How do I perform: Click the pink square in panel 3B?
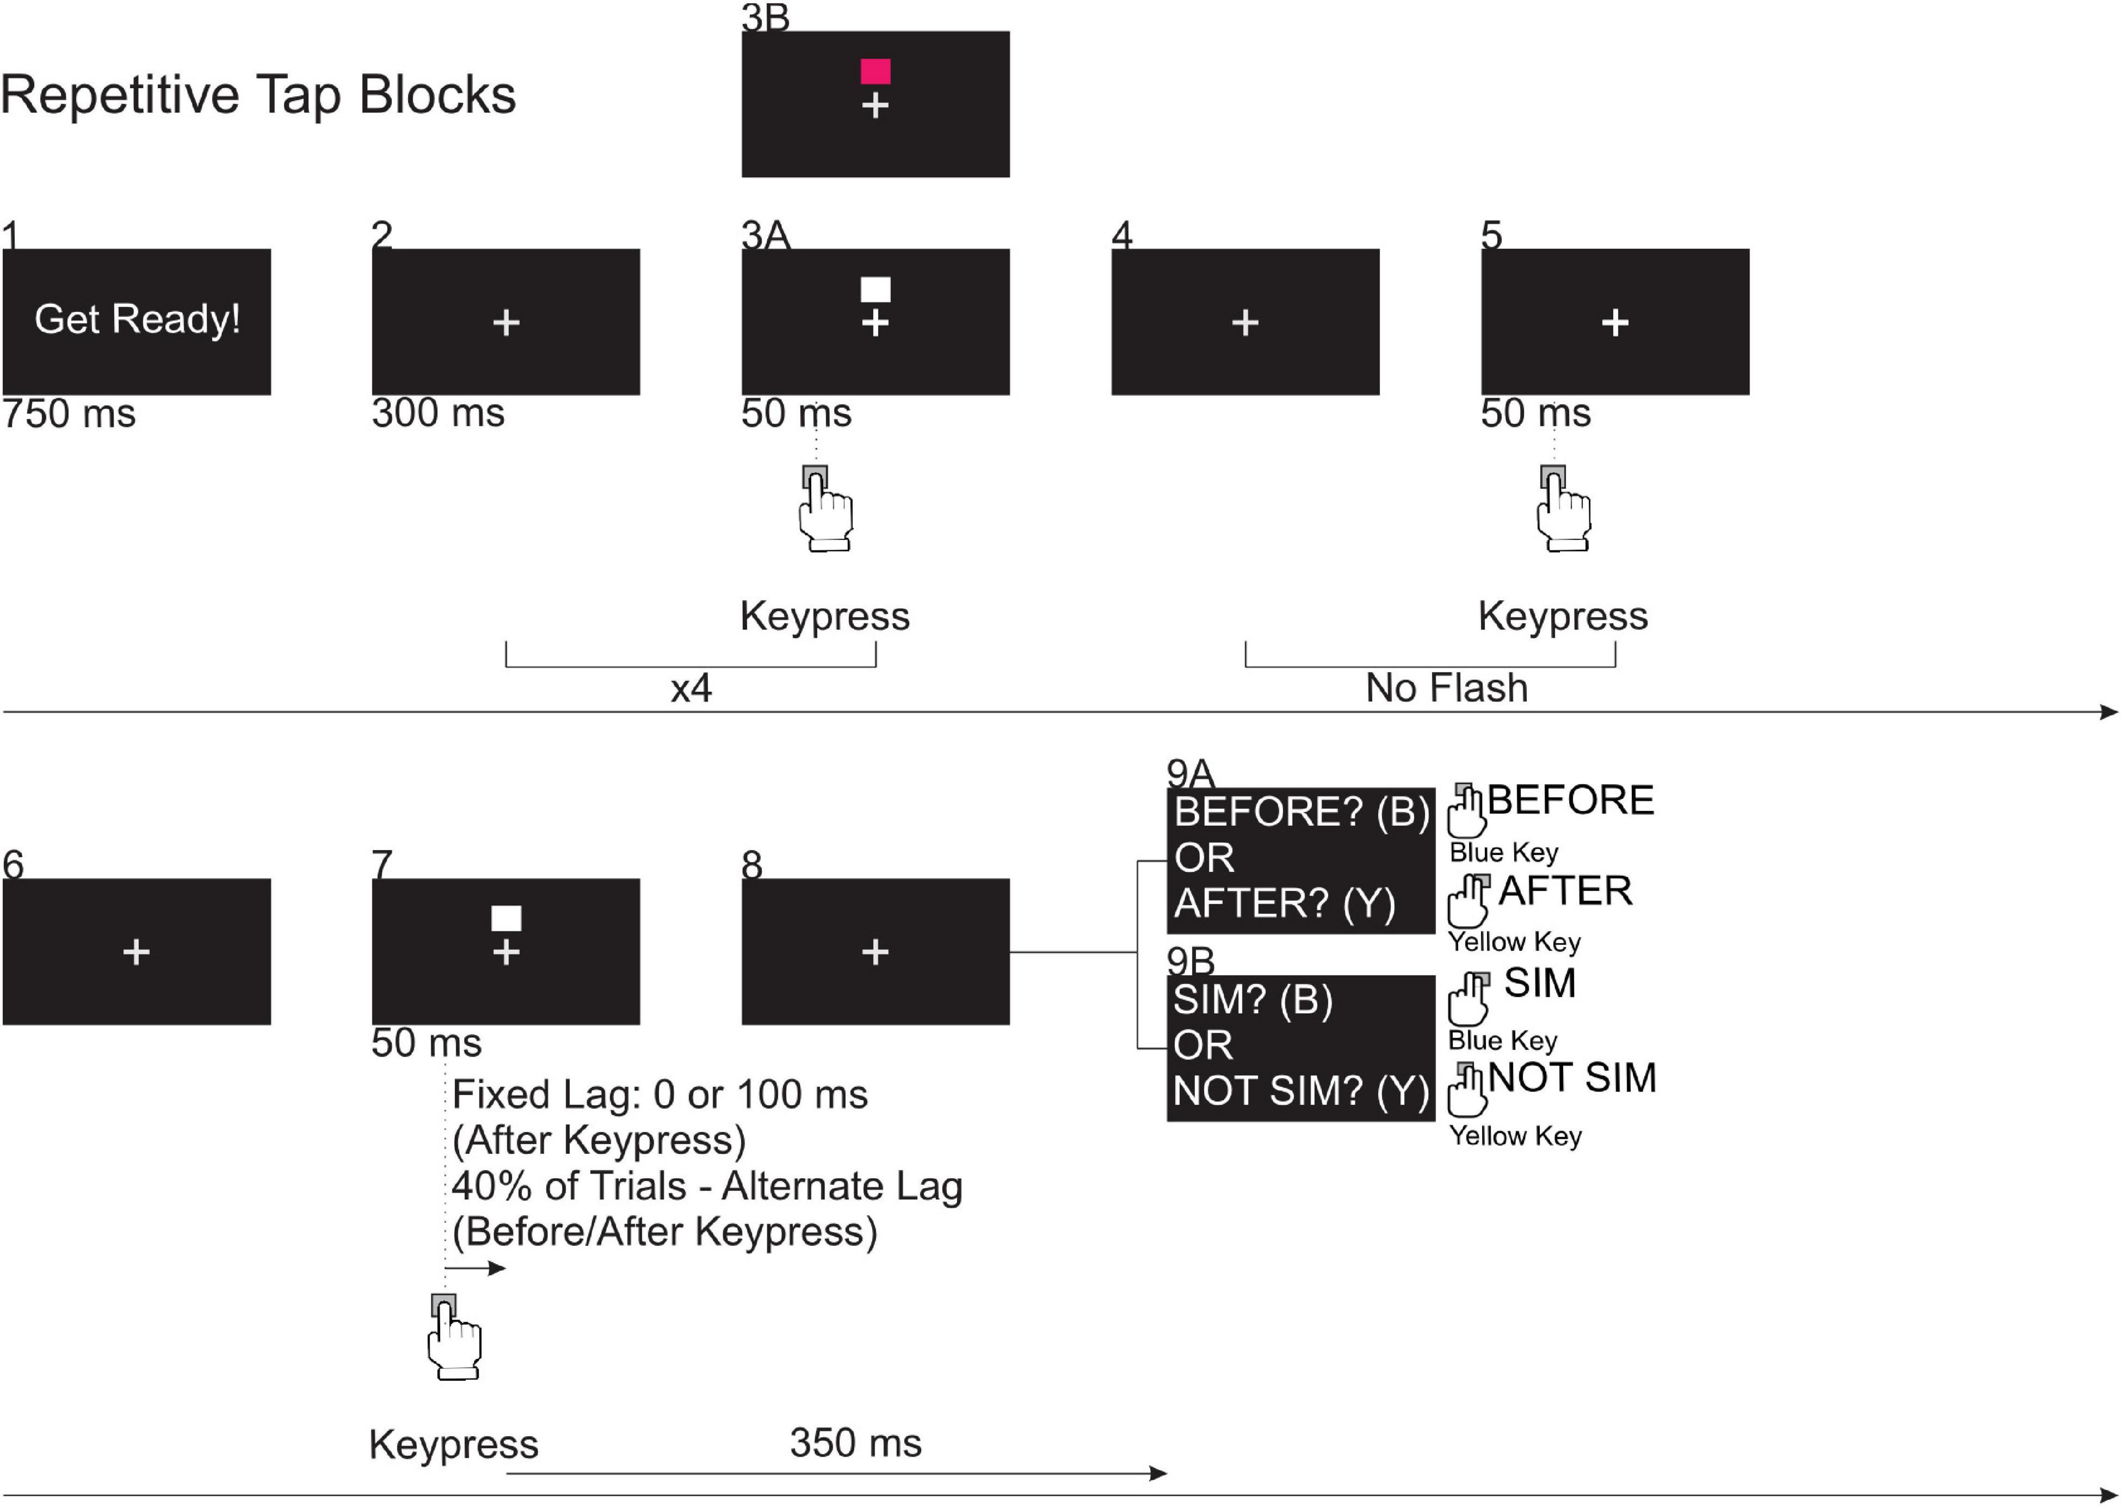tap(875, 71)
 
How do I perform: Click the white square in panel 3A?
tap(875, 290)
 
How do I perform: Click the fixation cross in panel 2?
tap(506, 323)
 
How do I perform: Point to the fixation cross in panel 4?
tap(1245, 323)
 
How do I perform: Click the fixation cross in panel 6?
tap(136, 952)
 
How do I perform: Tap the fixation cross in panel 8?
tap(875, 952)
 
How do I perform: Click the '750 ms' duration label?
tap(69, 414)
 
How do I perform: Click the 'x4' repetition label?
tap(691, 688)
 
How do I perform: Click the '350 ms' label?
tap(855, 1443)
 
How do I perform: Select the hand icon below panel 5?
tap(1563, 510)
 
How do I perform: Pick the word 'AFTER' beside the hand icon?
tap(1565, 891)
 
